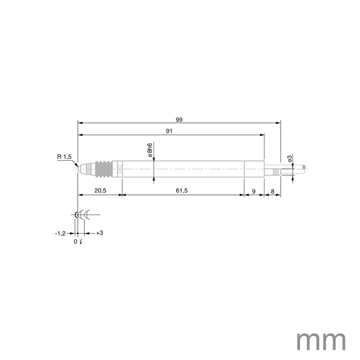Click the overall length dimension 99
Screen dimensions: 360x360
tap(179, 120)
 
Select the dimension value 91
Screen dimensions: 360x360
tap(170, 131)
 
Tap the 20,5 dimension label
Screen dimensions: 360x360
tap(100, 191)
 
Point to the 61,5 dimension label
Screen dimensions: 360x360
tap(182, 191)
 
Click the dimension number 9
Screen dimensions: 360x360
tap(254, 191)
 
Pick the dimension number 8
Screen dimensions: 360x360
tap(273, 191)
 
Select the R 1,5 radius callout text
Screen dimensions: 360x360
tap(64, 156)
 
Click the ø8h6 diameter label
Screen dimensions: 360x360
tap(149, 150)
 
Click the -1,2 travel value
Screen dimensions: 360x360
tap(60, 233)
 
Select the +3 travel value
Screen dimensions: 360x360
tap(99, 233)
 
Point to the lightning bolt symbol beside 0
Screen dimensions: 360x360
tap(82, 241)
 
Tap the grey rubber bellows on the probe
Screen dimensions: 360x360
tap(103, 169)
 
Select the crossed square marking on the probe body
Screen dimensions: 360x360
tap(120, 169)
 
